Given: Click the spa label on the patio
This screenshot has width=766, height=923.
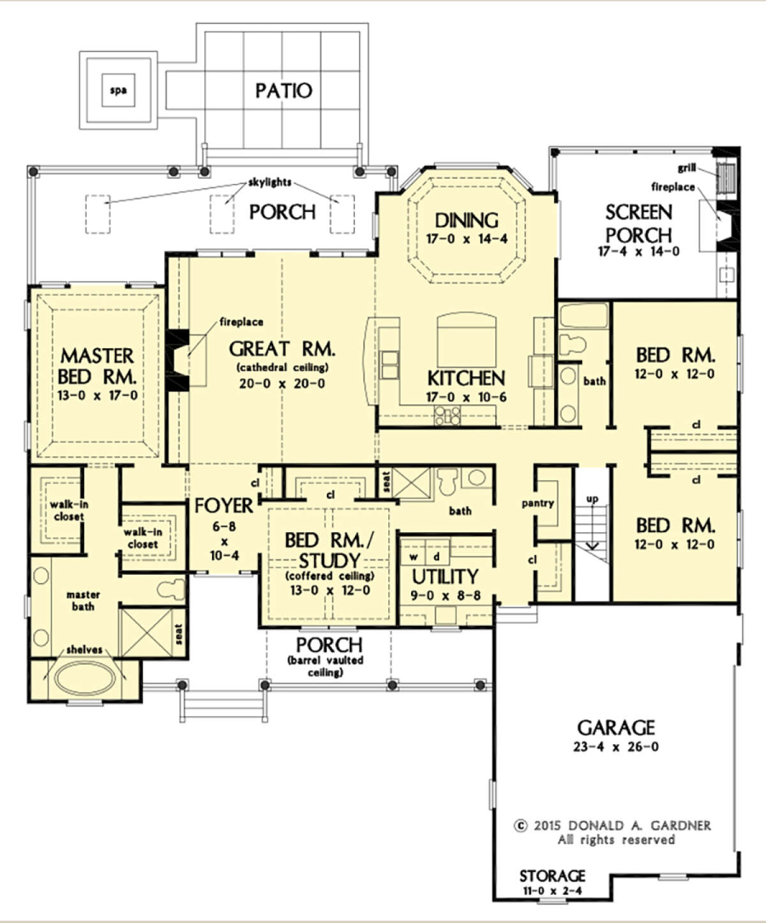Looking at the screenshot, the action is (118, 91).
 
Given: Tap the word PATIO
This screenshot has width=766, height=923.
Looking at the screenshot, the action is (283, 91).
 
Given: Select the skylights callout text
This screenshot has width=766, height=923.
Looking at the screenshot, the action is (269, 182).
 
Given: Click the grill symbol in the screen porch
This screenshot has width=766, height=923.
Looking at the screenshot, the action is (726, 177).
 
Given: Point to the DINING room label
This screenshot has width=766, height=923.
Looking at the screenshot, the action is (467, 220).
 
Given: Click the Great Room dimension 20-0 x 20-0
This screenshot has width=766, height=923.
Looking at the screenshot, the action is (282, 383).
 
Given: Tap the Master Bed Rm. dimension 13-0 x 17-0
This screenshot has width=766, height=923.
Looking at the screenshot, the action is (97, 395).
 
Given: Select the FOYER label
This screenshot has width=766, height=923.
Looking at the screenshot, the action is (224, 506).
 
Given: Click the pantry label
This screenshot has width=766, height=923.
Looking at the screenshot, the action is (537, 503).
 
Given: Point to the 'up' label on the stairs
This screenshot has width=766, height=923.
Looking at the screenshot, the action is (592, 499).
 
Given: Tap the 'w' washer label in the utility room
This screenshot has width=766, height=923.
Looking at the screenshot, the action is (414, 557).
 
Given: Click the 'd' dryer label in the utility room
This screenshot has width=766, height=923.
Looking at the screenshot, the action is (437, 556).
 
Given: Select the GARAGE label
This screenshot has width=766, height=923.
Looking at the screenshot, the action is (616, 728).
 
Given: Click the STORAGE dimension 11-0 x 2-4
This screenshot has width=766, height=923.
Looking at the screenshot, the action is (552, 890).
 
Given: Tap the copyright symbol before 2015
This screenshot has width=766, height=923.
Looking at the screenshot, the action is (522, 825).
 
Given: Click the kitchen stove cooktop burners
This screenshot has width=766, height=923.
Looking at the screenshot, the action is (447, 415).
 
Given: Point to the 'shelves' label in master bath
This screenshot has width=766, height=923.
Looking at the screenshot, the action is (84, 650).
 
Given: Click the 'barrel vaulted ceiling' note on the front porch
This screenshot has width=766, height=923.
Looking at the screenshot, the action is (326, 666).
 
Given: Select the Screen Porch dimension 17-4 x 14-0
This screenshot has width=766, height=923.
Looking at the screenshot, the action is (638, 252).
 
